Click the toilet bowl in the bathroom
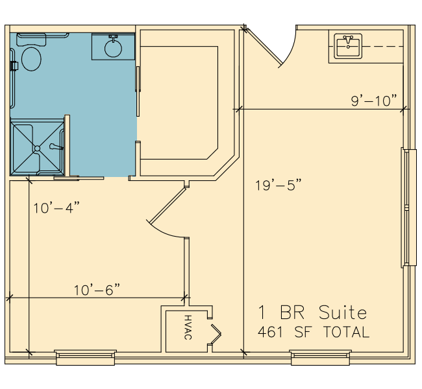tap(31, 59)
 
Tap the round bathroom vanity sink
tap(113, 49)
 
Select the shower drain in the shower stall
tap(37, 148)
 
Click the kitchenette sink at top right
tap(348, 46)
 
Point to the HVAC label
tap(188, 327)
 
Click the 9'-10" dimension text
tap(374, 100)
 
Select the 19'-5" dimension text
tap(279, 185)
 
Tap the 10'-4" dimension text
tap(56, 208)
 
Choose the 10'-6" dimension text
tap(97, 290)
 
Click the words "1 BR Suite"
tap(312, 312)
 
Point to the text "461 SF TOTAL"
tap(314, 332)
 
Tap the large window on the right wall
tap(405, 207)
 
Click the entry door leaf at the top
tap(263, 46)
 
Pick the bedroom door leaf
tap(168, 206)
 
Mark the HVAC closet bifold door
tap(216, 334)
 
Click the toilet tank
tap(31, 40)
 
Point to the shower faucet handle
tap(56, 147)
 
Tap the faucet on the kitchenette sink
tap(348, 40)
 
